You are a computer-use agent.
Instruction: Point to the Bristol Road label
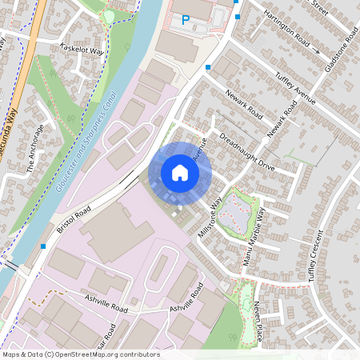[74, 217]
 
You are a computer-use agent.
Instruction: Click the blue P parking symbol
[186, 20]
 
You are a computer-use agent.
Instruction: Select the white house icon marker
[180, 172]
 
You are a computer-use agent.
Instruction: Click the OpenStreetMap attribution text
[81, 354]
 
